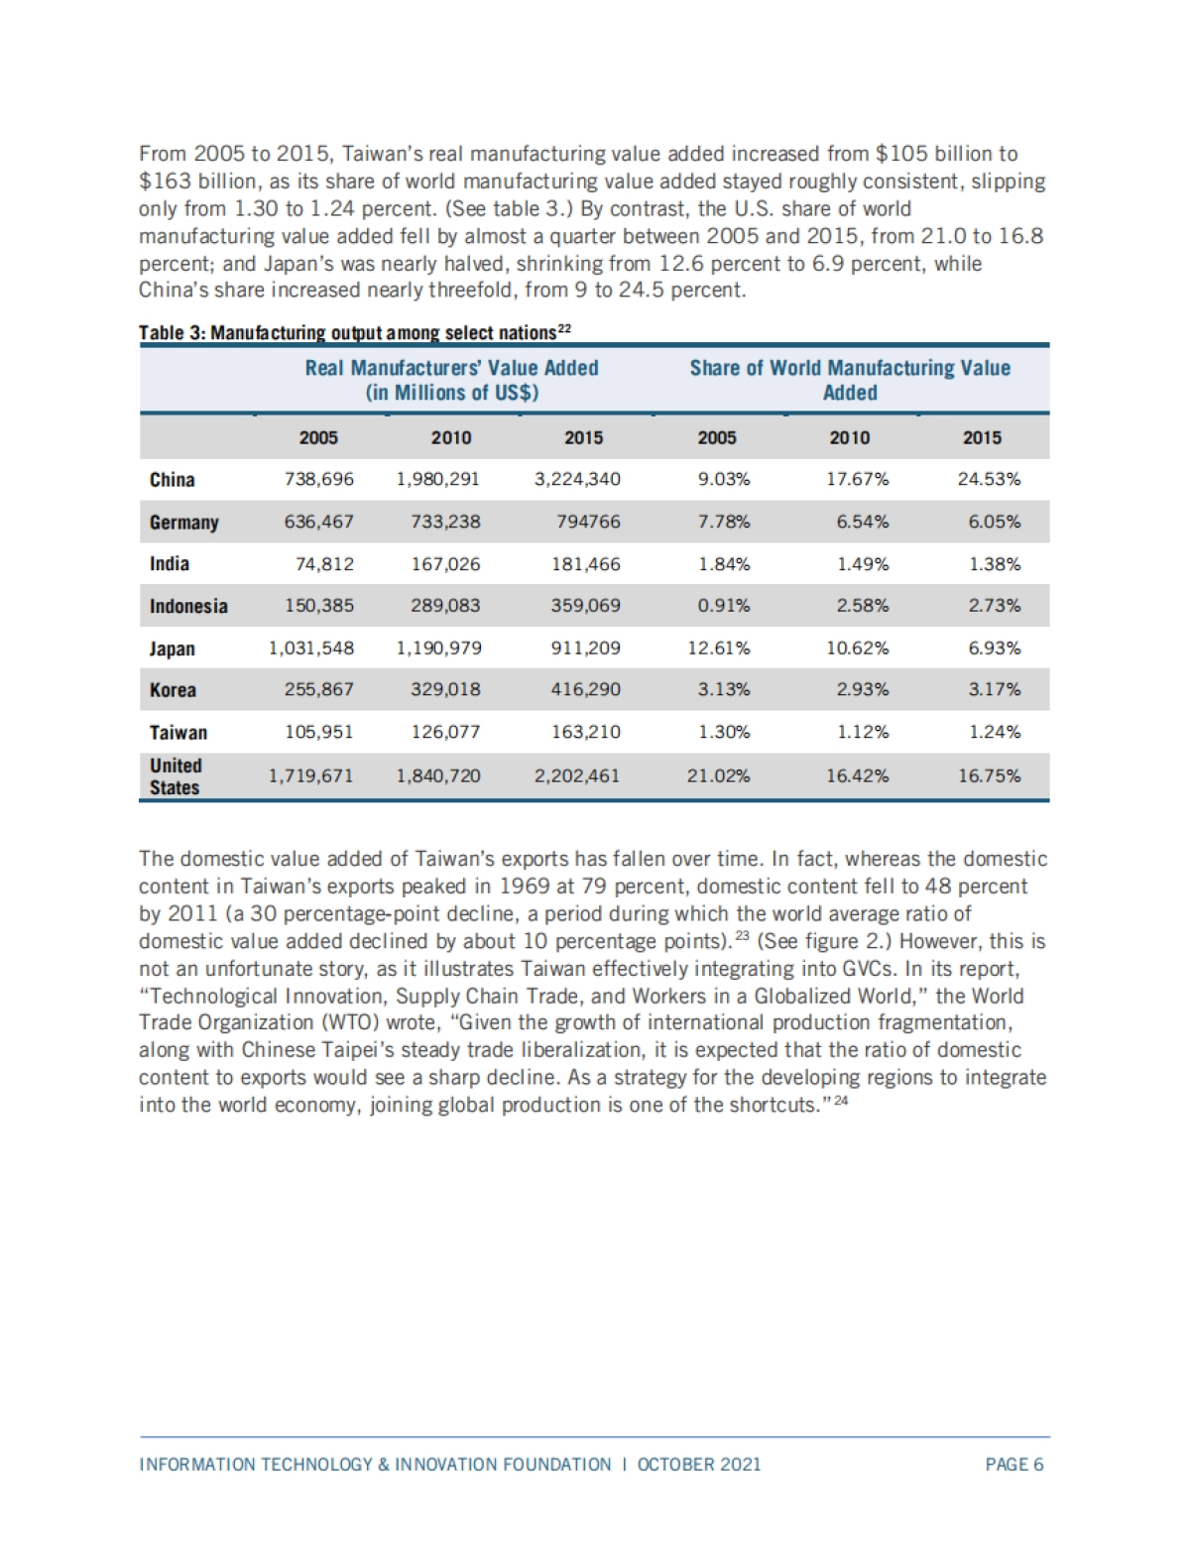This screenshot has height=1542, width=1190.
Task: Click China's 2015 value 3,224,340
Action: coord(577,479)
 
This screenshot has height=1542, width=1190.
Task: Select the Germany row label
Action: coord(184,523)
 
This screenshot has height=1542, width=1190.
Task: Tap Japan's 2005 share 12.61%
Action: coord(719,649)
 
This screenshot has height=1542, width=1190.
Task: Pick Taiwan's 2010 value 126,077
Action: coord(445,733)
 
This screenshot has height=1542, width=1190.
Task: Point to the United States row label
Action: coord(176,776)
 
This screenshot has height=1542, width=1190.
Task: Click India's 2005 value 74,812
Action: coord(324,564)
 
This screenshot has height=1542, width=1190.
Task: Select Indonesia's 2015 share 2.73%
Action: coord(995,606)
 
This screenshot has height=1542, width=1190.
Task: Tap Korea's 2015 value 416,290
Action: coord(586,690)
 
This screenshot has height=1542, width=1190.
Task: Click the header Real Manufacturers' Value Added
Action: coord(452,380)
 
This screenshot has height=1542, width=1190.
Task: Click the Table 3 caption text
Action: coord(354,332)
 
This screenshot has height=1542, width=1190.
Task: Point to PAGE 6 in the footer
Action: coord(1013,1465)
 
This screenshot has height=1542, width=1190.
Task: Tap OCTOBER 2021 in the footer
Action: coord(699,1465)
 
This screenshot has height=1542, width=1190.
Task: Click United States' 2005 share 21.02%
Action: coord(719,776)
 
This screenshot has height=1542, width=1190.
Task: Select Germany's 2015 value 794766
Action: coord(588,522)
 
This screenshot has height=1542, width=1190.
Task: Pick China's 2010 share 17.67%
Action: coord(858,480)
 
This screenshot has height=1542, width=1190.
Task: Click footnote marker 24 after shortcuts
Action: coord(842,1102)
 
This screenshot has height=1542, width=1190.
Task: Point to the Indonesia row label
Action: coord(188,607)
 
